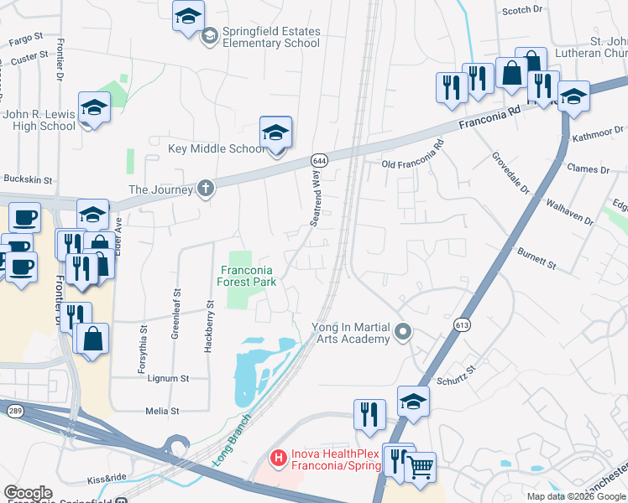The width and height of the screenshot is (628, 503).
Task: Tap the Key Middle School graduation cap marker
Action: click(x=275, y=132)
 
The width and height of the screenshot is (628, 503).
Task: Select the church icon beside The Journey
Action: click(x=205, y=189)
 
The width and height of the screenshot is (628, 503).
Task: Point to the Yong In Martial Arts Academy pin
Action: click(x=404, y=333)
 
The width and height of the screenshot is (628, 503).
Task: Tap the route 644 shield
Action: click(x=318, y=159)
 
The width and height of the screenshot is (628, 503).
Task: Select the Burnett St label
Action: click(x=536, y=258)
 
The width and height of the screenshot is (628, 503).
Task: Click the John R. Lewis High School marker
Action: click(x=94, y=109)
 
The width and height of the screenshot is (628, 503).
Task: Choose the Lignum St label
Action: click(x=168, y=379)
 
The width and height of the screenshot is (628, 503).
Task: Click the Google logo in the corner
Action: click(x=28, y=493)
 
